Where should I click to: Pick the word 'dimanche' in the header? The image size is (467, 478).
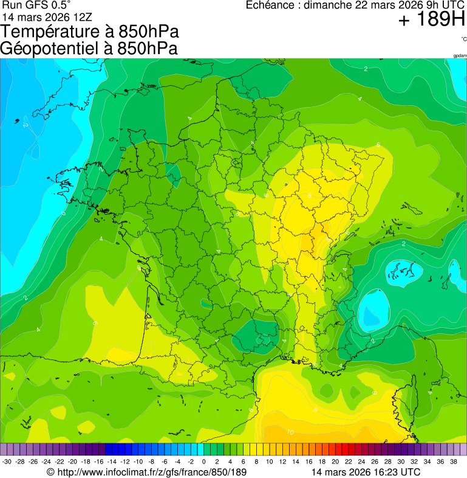[327, 5]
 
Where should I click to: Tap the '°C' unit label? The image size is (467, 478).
[463, 39]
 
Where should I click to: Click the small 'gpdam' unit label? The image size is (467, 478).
[460, 55]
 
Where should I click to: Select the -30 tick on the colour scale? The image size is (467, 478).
[7, 462]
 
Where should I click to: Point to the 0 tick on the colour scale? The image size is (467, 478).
[203, 462]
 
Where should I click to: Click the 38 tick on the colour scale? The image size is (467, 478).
[453, 462]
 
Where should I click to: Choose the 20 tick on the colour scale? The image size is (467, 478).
[335, 462]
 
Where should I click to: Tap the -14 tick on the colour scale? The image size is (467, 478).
[112, 462]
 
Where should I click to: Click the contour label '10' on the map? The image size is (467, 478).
[290, 432]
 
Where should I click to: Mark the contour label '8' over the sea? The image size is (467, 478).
[315, 410]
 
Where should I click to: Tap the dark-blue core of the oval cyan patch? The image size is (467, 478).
[373, 310]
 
